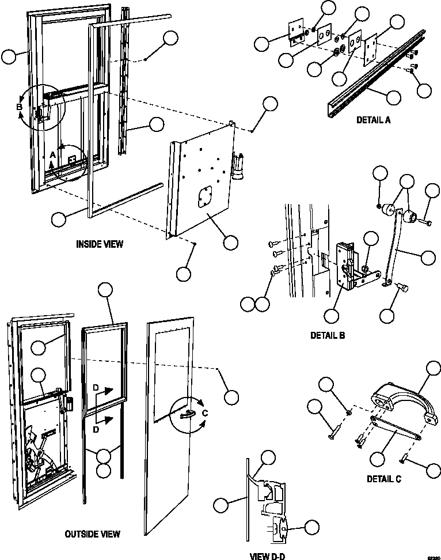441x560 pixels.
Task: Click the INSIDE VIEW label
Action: [100, 244]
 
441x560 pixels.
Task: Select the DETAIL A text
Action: [374, 120]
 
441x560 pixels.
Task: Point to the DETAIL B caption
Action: [327, 335]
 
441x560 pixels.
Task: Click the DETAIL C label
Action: [383, 478]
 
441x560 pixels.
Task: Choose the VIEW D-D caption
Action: [267, 556]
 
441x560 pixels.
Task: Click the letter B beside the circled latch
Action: [19, 107]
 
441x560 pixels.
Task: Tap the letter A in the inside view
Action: [53, 155]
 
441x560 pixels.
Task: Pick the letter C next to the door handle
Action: [204, 413]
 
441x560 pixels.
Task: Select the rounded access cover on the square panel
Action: [204, 197]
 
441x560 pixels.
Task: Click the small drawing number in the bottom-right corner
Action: [432, 557]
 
